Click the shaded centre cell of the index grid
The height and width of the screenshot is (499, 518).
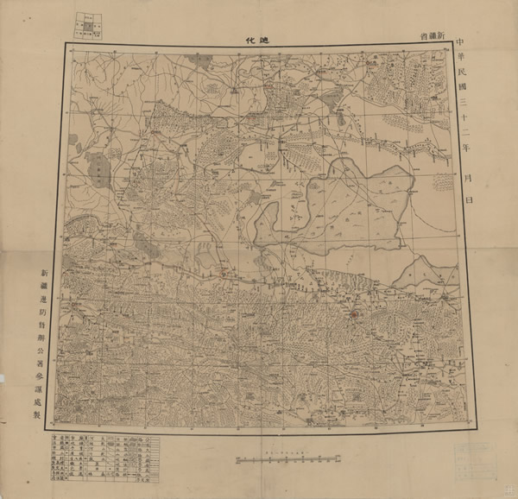click(88, 26)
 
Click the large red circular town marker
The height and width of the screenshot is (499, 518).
click(353, 314)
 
